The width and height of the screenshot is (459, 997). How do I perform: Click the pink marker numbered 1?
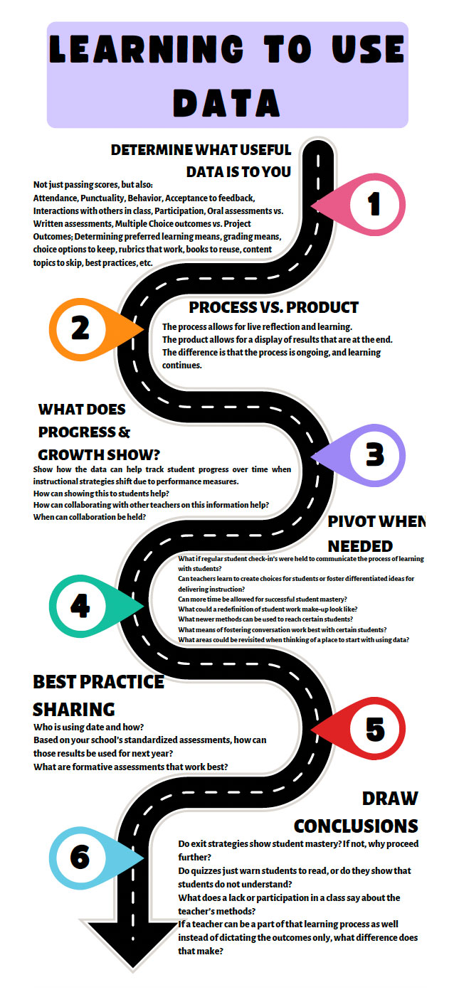coord(370,205)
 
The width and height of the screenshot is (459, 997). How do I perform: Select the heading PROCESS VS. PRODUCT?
coord(274,308)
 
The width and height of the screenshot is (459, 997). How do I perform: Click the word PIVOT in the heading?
coord(357,521)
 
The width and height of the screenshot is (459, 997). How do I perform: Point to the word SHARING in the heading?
coord(73,709)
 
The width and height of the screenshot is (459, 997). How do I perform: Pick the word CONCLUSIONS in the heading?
coord(356,826)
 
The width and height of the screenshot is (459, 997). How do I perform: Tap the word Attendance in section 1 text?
coord(56,198)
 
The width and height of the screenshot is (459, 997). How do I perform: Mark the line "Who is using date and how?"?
coord(88,727)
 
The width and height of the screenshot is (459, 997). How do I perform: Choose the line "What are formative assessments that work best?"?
coord(130,767)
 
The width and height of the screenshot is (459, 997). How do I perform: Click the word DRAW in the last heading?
coord(390,798)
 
